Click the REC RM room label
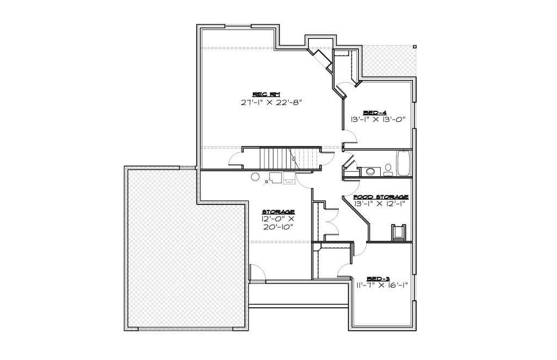267,95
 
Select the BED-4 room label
377,113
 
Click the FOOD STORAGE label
381,197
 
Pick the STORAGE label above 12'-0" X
278,212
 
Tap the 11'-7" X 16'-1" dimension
382,285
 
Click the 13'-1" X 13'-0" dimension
378,120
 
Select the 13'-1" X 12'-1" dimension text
380,204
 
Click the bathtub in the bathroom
404,163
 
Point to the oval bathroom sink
370,172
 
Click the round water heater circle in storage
255,177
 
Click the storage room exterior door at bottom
257,272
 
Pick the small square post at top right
414,47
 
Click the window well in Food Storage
398,233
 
